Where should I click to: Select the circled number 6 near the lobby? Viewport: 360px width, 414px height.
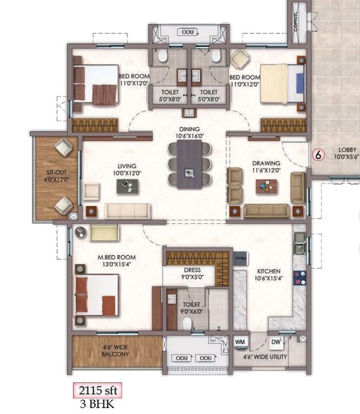(x=317, y=155)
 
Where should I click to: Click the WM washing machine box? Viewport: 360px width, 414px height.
(x=240, y=341)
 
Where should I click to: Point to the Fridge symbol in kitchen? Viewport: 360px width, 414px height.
(x=240, y=257)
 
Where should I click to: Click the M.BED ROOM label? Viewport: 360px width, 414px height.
(x=117, y=257)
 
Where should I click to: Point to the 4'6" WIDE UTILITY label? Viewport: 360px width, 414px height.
(x=265, y=357)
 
